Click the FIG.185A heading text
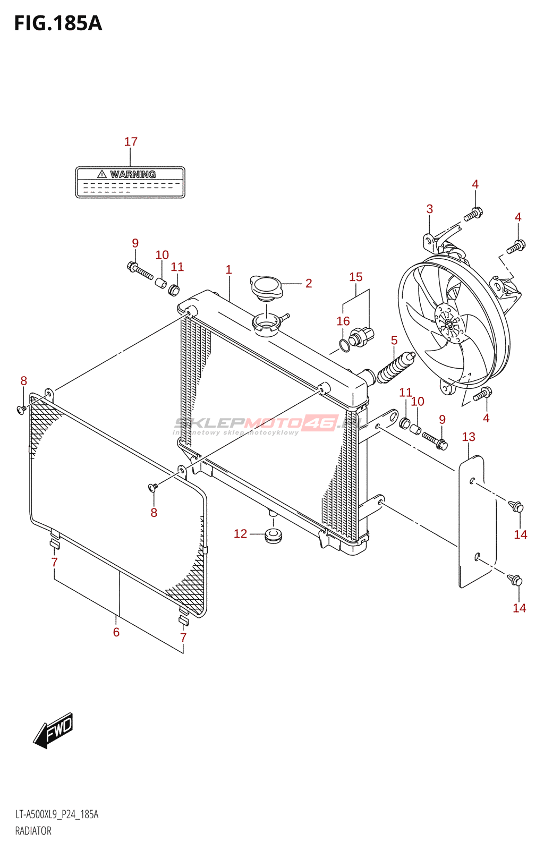click(58, 23)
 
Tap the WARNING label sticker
click(130, 182)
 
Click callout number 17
click(131, 142)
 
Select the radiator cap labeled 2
click(266, 287)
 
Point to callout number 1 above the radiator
click(229, 270)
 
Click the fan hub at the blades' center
click(449, 324)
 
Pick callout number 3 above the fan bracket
click(430, 209)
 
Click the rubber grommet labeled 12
click(274, 535)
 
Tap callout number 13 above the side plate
click(469, 437)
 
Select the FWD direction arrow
click(54, 730)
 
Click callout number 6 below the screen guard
click(116, 632)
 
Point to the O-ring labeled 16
click(344, 345)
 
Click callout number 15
click(356, 277)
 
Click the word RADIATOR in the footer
click(33, 831)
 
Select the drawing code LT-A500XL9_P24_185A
click(57, 814)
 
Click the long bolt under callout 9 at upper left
click(140, 271)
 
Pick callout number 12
click(241, 534)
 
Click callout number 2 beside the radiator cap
click(309, 284)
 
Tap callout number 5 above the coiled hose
click(394, 341)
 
